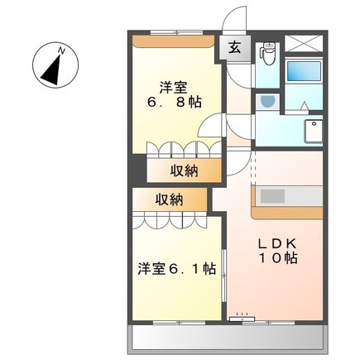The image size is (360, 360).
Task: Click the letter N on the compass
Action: click(x=61, y=51)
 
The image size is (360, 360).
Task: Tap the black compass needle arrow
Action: click(x=52, y=70)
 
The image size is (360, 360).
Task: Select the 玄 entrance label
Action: click(x=234, y=48)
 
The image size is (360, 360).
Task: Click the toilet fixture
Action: click(x=268, y=54)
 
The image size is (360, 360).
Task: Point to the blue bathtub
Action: click(x=304, y=70)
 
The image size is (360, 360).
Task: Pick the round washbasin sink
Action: click(x=267, y=102)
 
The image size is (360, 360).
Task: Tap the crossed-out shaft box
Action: click(x=303, y=43)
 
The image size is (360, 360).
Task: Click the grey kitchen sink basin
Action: click(x=272, y=196)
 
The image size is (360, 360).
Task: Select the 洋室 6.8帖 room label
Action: click(x=174, y=95)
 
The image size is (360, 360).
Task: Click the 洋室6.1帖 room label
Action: click(x=177, y=268)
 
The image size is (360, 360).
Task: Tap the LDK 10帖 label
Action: click(x=277, y=251)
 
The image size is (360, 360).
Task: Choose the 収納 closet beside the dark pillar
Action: click(x=185, y=170)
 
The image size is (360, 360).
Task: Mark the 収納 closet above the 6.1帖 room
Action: click(x=170, y=199)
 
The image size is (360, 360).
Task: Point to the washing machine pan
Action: click(x=313, y=131)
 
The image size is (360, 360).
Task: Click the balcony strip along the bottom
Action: click(x=228, y=337)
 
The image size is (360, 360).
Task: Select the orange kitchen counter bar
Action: click(x=287, y=212)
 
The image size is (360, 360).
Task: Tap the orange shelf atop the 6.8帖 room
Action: click(x=173, y=41)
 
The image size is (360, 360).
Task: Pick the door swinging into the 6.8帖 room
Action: click(x=210, y=125)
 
